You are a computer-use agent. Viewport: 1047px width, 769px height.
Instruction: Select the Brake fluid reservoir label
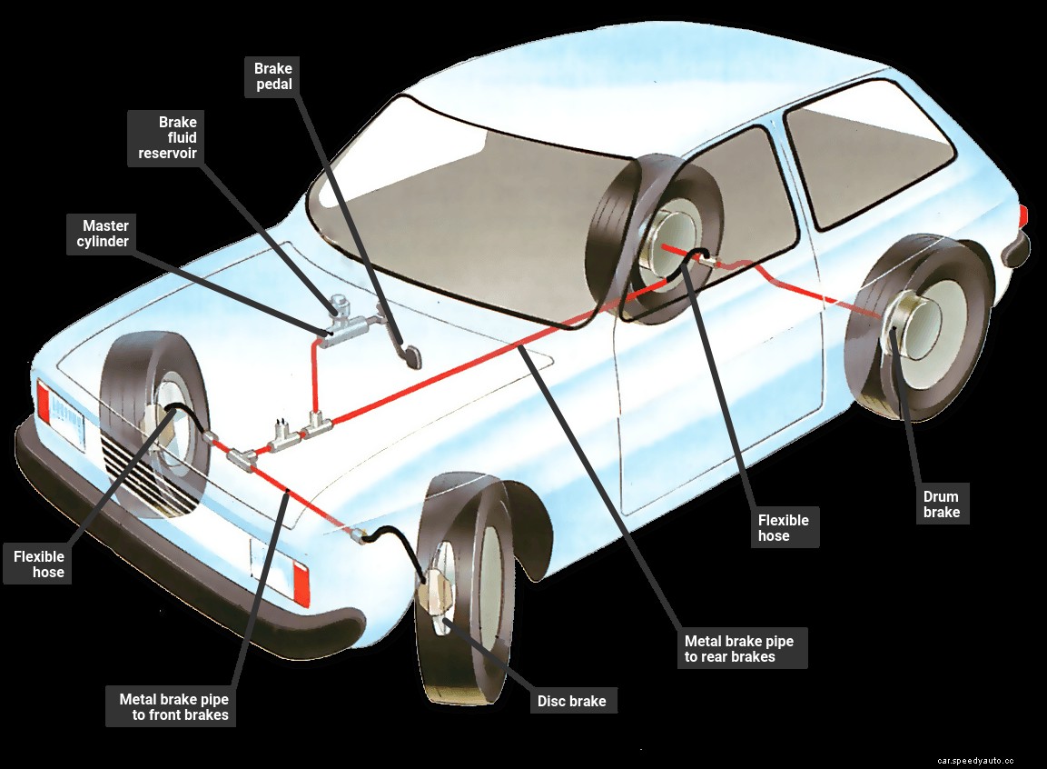(x=167, y=137)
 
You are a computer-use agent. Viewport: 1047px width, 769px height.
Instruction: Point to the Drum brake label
(x=941, y=504)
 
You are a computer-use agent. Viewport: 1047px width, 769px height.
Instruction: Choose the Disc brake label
(x=571, y=701)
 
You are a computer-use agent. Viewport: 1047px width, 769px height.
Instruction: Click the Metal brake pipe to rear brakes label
(x=738, y=648)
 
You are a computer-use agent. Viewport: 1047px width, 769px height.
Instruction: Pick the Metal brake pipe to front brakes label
(x=173, y=707)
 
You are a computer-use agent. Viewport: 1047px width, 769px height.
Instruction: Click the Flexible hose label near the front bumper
(x=38, y=564)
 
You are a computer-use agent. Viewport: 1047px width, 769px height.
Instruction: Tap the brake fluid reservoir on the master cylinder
(x=341, y=305)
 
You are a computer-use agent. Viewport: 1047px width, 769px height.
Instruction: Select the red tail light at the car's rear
(x=1023, y=216)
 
